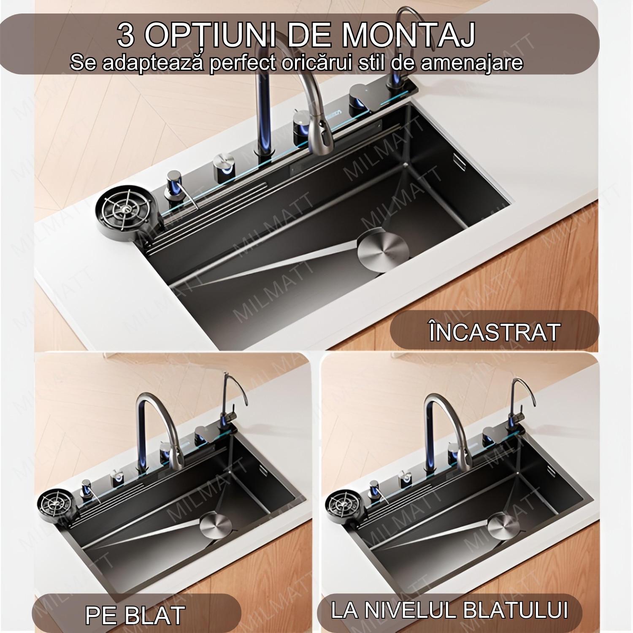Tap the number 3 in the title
tap(126, 35)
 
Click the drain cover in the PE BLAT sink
tap(215, 525)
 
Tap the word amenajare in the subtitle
tap(472, 63)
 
